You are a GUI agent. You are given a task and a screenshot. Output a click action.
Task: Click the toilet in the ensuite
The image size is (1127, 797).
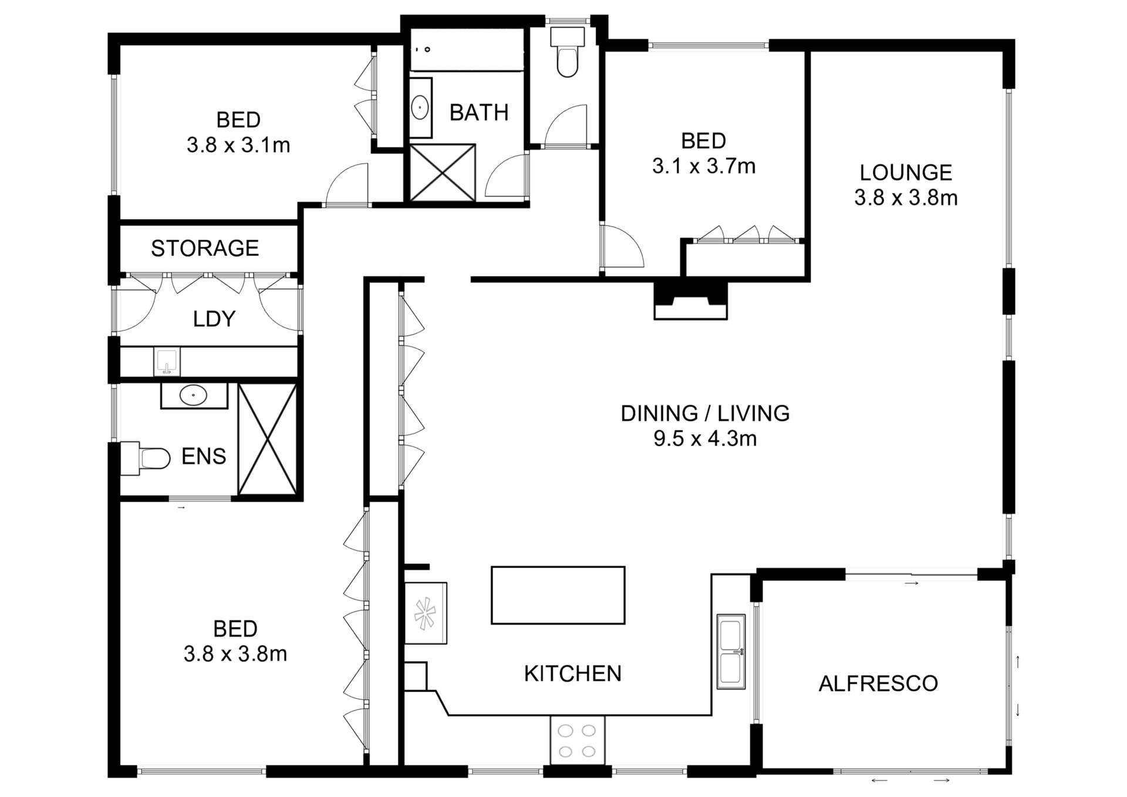[147, 458]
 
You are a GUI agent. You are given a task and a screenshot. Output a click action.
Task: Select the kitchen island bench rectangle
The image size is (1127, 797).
[558, 595]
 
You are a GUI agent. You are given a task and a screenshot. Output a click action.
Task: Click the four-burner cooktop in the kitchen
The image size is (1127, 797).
[577, 740]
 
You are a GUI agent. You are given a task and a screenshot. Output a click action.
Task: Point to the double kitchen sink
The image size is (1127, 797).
[731, 651]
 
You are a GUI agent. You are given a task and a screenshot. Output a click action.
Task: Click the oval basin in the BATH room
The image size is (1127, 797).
[420, 108]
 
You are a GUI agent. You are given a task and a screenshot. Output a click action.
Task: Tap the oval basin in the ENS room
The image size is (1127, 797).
[193, 395]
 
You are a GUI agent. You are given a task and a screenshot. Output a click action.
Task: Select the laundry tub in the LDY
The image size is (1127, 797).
[167, 361]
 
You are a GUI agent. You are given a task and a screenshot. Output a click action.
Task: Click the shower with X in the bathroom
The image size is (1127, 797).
[442, 172]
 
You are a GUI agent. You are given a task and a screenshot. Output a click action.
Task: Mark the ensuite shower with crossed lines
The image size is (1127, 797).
[268, 439]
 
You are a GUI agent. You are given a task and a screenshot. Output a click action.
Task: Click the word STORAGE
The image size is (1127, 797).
[205, 248]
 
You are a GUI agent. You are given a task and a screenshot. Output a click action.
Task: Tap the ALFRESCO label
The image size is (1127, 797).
[878, 684]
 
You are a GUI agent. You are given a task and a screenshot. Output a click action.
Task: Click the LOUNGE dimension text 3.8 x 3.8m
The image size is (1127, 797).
[906, 198]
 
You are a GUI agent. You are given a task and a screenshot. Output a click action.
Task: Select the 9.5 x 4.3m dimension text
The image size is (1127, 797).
[705, 439]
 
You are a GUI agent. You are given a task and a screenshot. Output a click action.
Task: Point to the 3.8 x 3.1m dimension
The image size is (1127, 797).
[238, 145]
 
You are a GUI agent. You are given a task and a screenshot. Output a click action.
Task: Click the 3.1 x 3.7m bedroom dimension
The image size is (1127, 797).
[703, 166]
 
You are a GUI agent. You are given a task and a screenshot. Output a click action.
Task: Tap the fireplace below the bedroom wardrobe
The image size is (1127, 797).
[690, 301]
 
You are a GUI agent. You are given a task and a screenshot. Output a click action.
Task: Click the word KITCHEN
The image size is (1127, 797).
[572, 674]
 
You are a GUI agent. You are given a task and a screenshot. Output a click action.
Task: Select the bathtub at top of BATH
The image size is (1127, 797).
[467, 50]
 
